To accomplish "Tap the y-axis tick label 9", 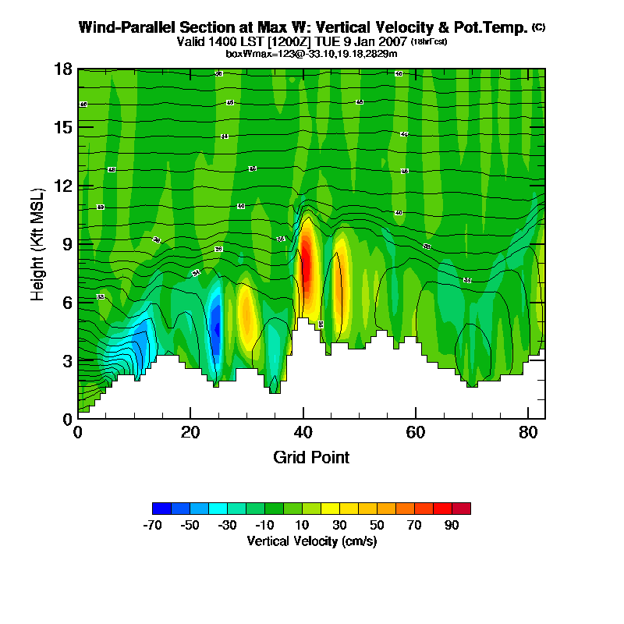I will point(68,244).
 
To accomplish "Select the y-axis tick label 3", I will point(68,360).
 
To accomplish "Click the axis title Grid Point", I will point(311,457).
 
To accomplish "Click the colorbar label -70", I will point(152,525).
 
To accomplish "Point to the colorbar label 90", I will point(452,525).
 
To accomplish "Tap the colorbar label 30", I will point(339,525).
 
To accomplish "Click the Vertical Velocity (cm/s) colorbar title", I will point(311,541).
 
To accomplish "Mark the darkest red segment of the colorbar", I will point(461,509).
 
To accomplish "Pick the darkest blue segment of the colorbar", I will point(161,509).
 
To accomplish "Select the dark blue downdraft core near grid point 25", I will point(216,328).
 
